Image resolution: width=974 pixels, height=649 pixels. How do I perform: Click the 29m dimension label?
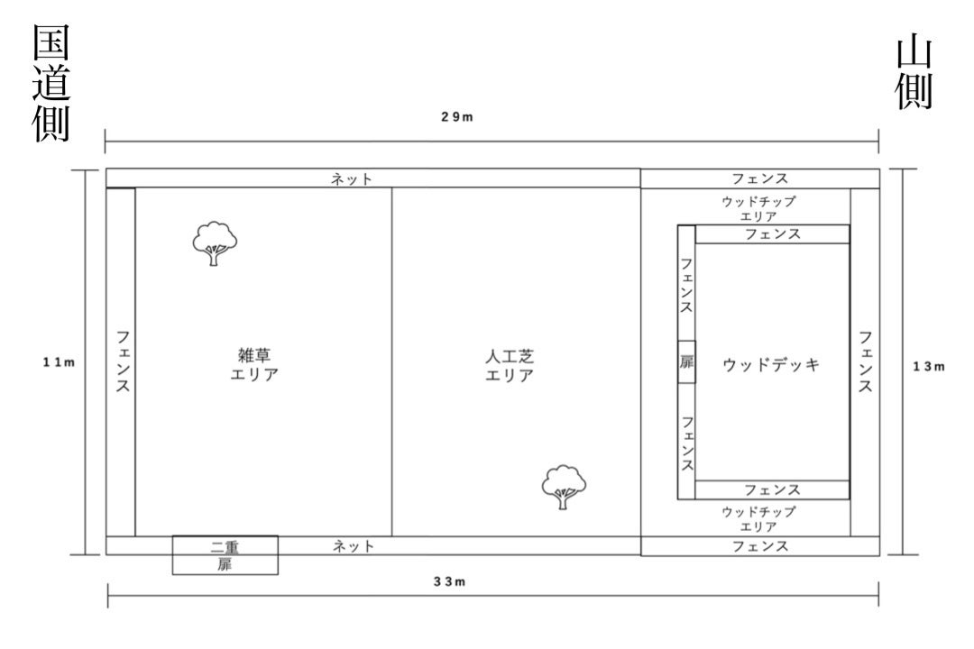pos(457,117)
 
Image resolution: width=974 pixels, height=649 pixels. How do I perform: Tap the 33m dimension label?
pos(450,582)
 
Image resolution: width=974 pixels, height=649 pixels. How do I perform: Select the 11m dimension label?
pos(59,362)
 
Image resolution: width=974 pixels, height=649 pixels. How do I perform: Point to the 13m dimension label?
pos(929,367)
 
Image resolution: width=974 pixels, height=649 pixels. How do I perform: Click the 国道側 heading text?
pos(51,83)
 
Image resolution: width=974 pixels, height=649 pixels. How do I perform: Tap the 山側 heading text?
pos(914,73)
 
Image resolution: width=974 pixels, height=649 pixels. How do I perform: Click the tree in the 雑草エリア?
pos(215,242)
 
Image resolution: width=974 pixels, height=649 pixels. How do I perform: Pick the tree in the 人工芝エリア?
pos(564,487)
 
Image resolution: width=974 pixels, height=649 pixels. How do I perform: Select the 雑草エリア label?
pos(254,365)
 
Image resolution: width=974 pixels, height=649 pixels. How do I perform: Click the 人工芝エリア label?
pos(510,366)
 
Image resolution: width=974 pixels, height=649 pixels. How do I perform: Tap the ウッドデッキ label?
pos(771,364)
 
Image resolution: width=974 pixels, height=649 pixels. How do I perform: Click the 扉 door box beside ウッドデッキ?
pos(686,362)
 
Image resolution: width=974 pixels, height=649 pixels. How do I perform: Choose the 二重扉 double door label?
pos(225,556)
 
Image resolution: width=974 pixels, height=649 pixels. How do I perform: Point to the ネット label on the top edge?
pos(352,179)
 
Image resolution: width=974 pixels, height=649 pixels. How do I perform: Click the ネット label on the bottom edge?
pos(354,546)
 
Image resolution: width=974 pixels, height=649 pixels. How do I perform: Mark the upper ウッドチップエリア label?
pos(758,209)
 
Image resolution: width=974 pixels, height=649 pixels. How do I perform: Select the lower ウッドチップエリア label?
pos(758,519)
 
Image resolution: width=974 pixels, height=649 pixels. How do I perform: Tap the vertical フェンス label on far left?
pos(123,361)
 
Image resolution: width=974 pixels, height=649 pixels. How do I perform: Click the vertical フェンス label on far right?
pos(865,362)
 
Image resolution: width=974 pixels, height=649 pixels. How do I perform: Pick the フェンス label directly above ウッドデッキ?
pos(773,234)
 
